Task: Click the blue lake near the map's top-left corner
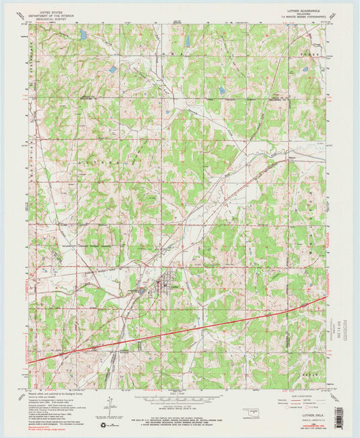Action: click(x=82, y=34)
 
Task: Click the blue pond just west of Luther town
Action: click(x=141, y=291)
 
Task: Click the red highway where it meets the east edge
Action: click(x=325, y=297)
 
